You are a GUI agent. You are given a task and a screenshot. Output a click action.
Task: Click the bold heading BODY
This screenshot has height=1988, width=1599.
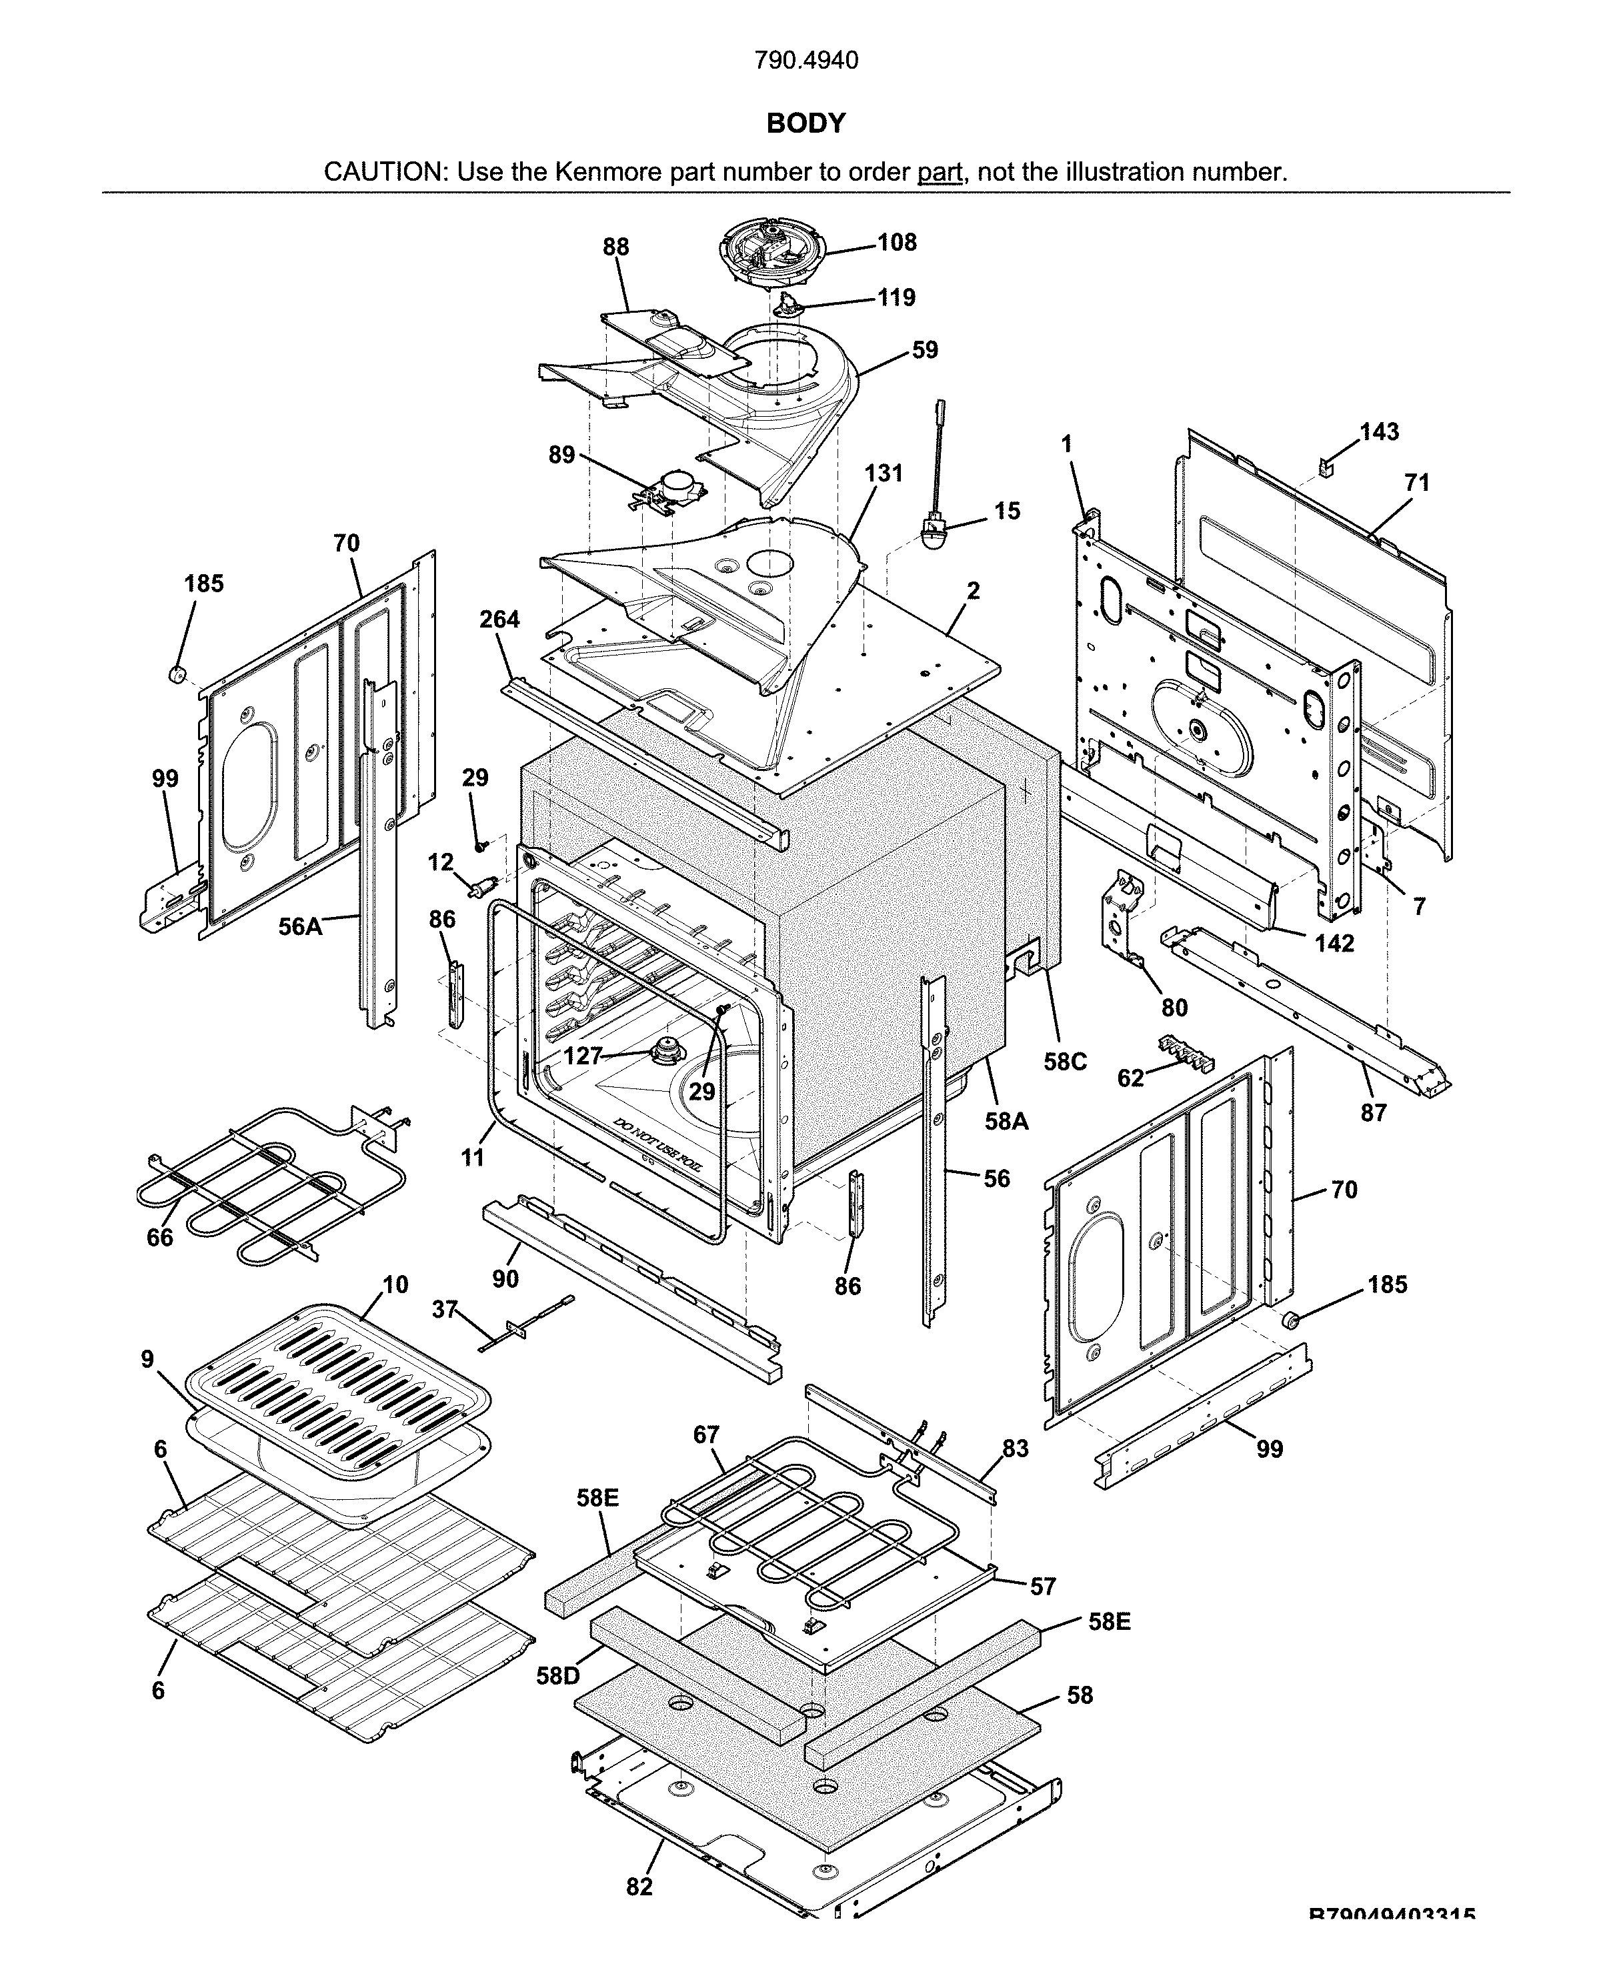pos(805,123)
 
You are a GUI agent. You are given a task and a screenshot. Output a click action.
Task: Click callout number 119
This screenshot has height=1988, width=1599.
pos(896,298)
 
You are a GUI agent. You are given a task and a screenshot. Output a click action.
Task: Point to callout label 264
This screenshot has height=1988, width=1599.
pos(499,620)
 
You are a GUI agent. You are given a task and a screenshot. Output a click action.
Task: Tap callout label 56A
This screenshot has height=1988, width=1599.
pos(301,927)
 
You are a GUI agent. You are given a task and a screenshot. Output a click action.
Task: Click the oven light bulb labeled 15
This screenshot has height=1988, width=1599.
pos(934,534)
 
